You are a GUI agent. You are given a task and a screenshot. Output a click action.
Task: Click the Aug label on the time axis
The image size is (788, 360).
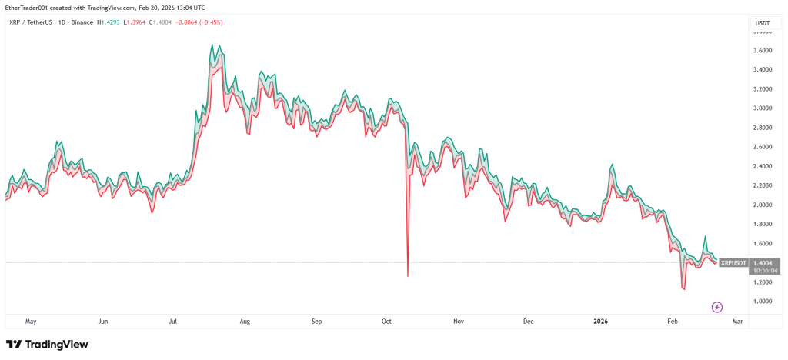245,322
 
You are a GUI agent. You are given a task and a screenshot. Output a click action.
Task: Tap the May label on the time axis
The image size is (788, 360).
31,322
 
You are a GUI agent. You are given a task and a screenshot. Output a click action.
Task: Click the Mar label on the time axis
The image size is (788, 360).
738,322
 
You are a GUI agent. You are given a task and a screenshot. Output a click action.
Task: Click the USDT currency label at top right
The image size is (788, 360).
763,23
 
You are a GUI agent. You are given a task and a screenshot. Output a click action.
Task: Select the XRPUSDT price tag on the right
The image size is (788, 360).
733,263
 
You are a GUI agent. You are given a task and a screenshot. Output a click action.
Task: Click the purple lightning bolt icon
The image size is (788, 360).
717,307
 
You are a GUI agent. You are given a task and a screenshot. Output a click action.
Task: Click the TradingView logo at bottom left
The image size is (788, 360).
48,345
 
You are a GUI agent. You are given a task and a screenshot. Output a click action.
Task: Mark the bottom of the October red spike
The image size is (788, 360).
407,276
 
